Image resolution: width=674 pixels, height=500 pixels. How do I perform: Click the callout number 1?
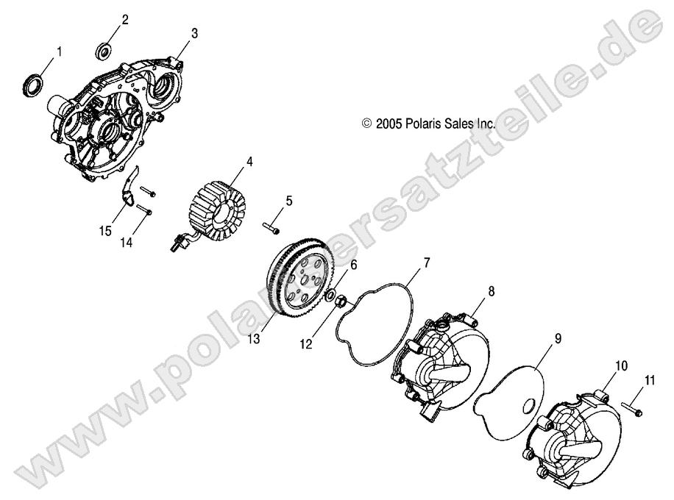tap(60, 52)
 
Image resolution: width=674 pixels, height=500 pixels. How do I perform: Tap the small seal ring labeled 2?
tap(104, 50)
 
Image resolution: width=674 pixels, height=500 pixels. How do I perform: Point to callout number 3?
tap(195, 33)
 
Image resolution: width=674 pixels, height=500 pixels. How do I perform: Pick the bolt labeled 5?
tap(271, 228)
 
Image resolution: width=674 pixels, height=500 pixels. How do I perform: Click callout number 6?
tap(354, 265)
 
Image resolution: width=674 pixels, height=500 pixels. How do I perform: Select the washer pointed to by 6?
tap(331, 295)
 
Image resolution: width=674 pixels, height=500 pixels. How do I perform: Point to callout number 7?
tap(427, 262)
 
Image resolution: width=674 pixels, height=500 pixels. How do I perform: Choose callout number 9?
tap(558, 327)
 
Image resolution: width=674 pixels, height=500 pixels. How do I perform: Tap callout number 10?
tap(622, 366)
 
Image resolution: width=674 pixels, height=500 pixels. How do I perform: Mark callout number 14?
tap(126, 243)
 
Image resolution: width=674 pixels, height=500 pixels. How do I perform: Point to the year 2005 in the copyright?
tap(389, 124)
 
